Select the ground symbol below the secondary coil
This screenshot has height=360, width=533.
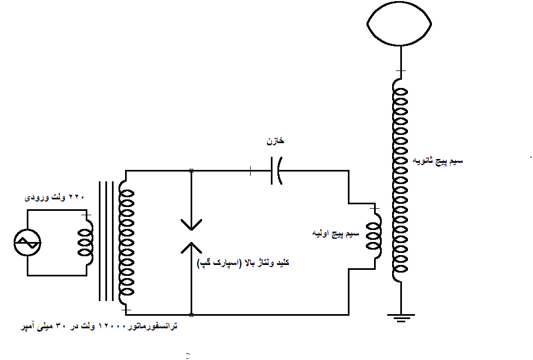coord(401,317)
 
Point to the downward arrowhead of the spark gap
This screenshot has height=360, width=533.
coord(191,225)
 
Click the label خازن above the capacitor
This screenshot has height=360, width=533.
coord(275,141)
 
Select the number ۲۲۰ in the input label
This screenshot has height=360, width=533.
coord(77,197)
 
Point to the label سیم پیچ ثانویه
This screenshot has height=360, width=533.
coord(437,161)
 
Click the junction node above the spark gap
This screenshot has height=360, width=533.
coord(191,171)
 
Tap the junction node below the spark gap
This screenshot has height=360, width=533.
coord(191,315)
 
